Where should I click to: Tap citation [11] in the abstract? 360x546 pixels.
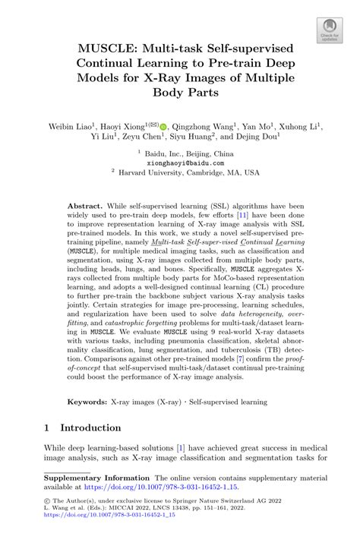click(x=241, y=217)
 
